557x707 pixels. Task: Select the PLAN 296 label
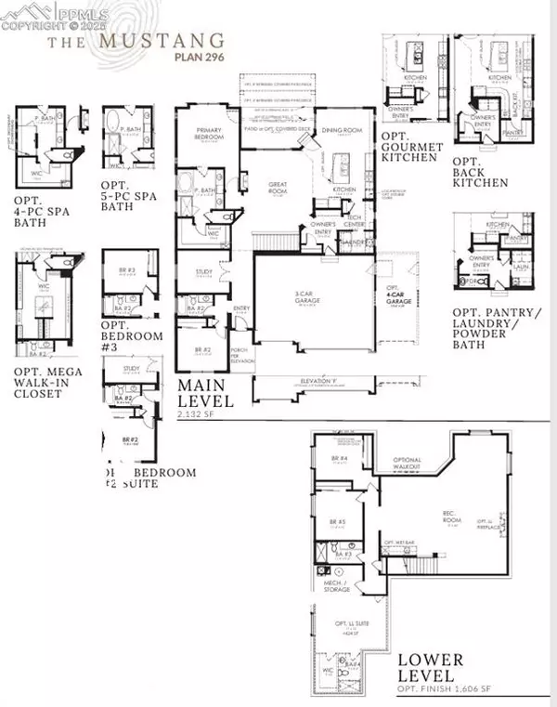pos(198,55)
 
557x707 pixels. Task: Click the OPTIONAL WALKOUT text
pos(408,464)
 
